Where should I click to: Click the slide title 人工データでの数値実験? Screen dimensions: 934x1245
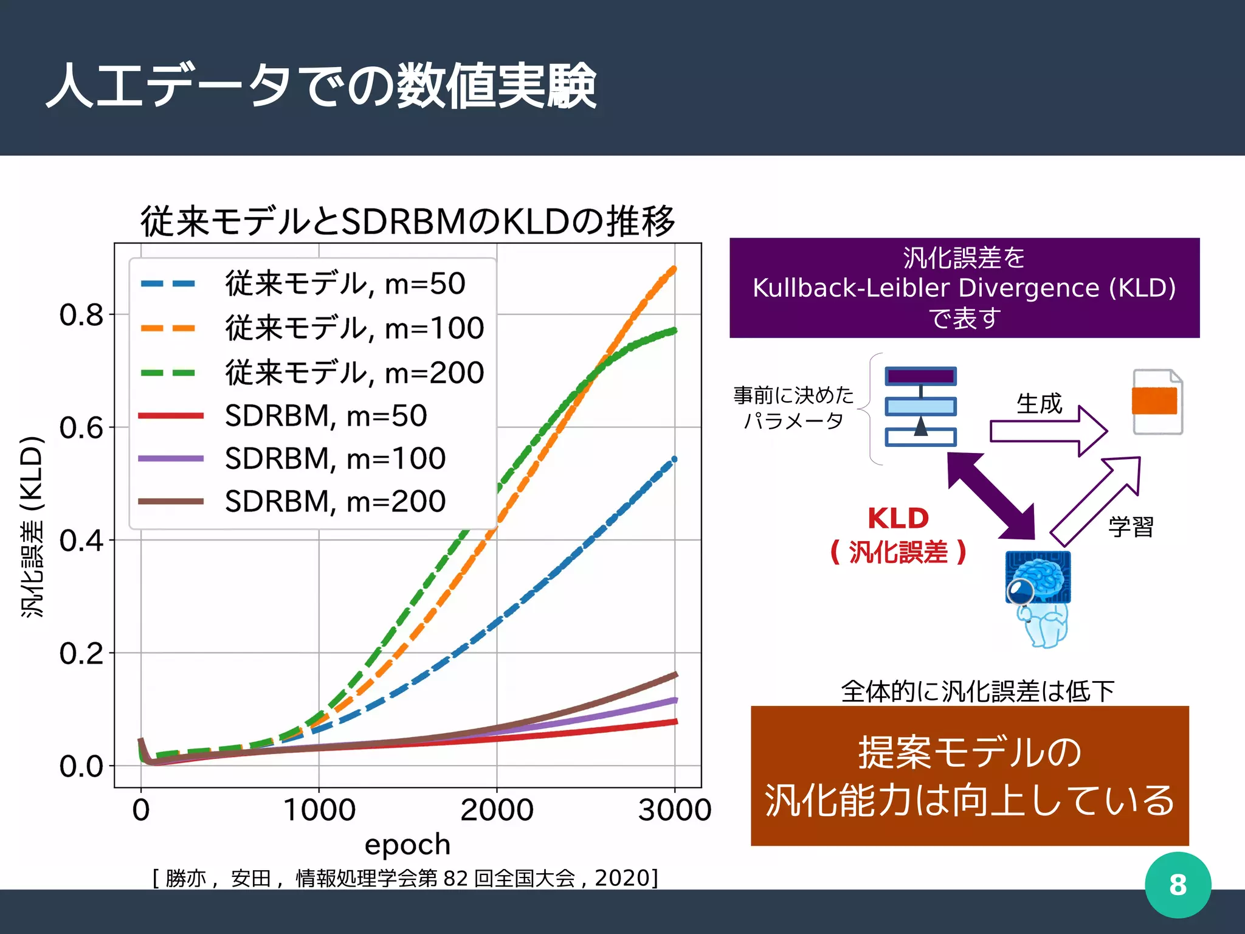321,86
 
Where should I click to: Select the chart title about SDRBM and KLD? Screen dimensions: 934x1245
407,221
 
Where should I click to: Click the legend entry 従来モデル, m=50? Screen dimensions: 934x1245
345,283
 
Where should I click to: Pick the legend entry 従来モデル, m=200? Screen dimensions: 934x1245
354,372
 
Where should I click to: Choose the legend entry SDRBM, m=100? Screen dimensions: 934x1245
335,458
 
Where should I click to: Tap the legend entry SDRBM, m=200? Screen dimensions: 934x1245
335,502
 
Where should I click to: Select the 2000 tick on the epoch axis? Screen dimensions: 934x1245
497,810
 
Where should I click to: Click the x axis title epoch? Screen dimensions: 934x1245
407,845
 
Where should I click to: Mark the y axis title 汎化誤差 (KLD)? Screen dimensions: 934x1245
32,527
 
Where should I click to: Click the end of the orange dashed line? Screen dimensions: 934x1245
674,268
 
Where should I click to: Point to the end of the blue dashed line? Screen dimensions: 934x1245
674,460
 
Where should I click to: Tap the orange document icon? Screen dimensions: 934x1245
1157,402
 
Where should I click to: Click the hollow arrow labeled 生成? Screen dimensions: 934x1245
1048,431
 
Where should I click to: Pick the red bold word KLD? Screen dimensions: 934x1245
898,519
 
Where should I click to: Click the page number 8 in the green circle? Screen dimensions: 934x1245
1178,885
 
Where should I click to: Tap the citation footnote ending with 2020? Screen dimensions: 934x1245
405,878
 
